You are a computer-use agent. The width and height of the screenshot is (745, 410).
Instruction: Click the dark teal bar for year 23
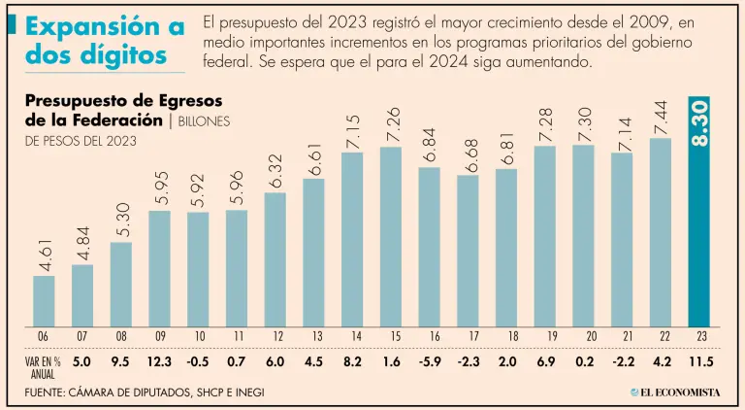click(700, 243)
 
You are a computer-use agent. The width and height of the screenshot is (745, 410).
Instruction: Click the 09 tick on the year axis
click(159, 336)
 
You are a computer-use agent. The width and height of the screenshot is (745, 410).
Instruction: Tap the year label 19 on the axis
click(545, 336)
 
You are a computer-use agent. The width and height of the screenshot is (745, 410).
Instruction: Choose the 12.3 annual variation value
click(159, 363)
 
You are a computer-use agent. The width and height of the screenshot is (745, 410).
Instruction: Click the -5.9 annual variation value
click(429, 363)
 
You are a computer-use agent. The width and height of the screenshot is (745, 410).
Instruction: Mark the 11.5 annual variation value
click(699, 363)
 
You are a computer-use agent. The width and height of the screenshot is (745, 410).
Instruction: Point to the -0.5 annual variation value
click(198, 363)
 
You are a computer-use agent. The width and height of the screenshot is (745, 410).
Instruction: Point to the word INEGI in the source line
click(245, 392)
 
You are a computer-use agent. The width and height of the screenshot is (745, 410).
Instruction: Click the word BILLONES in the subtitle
click(206, 121)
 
